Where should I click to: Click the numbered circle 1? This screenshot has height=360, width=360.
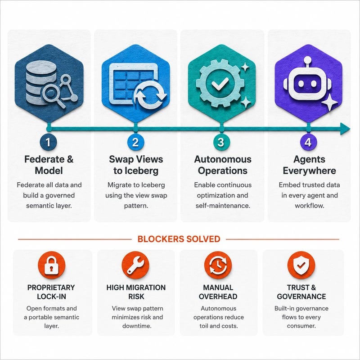pyautogui.click(x=48, y=142)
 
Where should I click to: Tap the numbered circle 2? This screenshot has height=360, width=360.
pyautogui.click(x=136, y=142)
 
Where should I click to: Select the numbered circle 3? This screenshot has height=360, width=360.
pyautogui.click(x=220, y=142)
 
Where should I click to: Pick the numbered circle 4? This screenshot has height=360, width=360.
pyautogui.click(x=308, y=142)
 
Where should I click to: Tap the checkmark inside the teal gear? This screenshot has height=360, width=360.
pyautogui.click(x=220, y=83)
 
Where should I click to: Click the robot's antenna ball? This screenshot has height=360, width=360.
pyautogui.click(x=307, y=60)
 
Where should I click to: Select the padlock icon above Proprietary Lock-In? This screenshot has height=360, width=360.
pyautogui.click(x=51, y=265)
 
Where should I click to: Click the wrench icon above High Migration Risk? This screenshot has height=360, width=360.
pyautogui.click(x=135, y=265)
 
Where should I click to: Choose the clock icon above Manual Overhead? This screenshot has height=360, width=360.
pyautogui.click(x=218, y=265)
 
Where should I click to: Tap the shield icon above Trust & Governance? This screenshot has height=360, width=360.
pyautogui.click(x=301, y=265)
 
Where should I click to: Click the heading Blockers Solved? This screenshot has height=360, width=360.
pyautogui.click(x=179, y=239)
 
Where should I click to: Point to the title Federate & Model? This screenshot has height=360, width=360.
pyautogui.click(x=49, y=165)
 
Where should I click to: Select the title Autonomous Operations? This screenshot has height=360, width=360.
pyautogui.click(x=223, y=165)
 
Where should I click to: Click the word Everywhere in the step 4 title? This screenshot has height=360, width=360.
pyautogui.click(x=309, y=171)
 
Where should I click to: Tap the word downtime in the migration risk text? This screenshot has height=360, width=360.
pyautogui.click(x=137, y=326)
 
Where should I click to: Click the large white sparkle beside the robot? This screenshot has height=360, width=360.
pyautogui.click(x=329, y=103)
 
